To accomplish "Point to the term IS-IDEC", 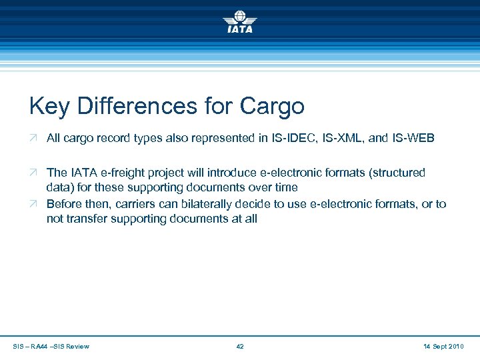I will (x=293, y=138).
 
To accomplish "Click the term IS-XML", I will (x=343, y=138).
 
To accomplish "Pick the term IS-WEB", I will (x=412, y=138).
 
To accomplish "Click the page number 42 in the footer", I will (x=240, y=346).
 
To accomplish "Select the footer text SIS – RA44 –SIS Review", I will (x=51, y=346).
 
